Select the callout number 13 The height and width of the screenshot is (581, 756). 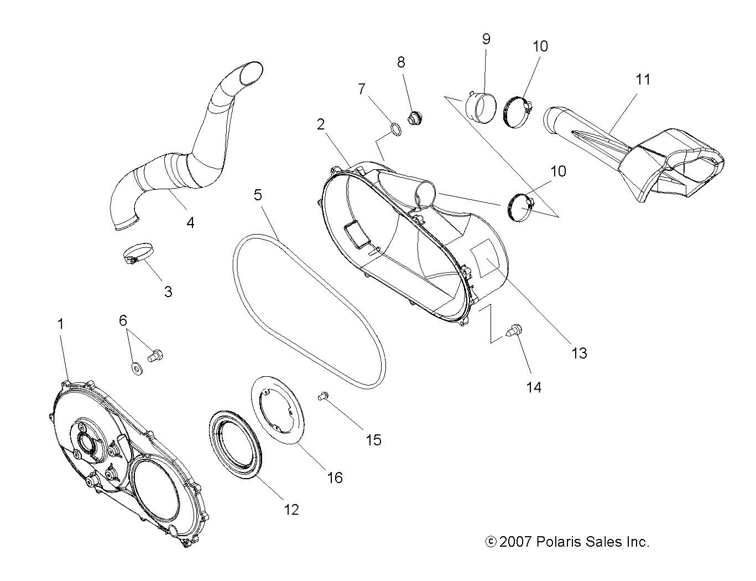coord(579,352)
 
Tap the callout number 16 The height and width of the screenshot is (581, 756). coord(335,477)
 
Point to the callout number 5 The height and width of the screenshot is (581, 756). coord(258,195)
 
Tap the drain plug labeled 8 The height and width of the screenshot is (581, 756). coord(414,118)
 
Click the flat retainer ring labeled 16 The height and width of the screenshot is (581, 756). coord(277,410)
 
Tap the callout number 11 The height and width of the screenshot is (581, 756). coord(643,79)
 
